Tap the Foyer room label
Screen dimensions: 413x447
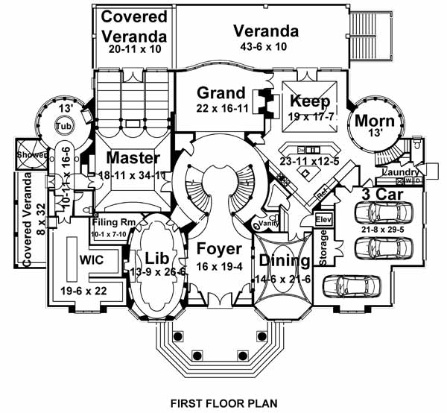220,249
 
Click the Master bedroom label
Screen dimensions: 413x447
133,158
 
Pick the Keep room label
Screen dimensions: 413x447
305,101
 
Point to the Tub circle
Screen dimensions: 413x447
65,126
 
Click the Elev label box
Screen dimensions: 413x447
323,220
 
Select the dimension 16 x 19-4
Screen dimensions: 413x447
219,265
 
